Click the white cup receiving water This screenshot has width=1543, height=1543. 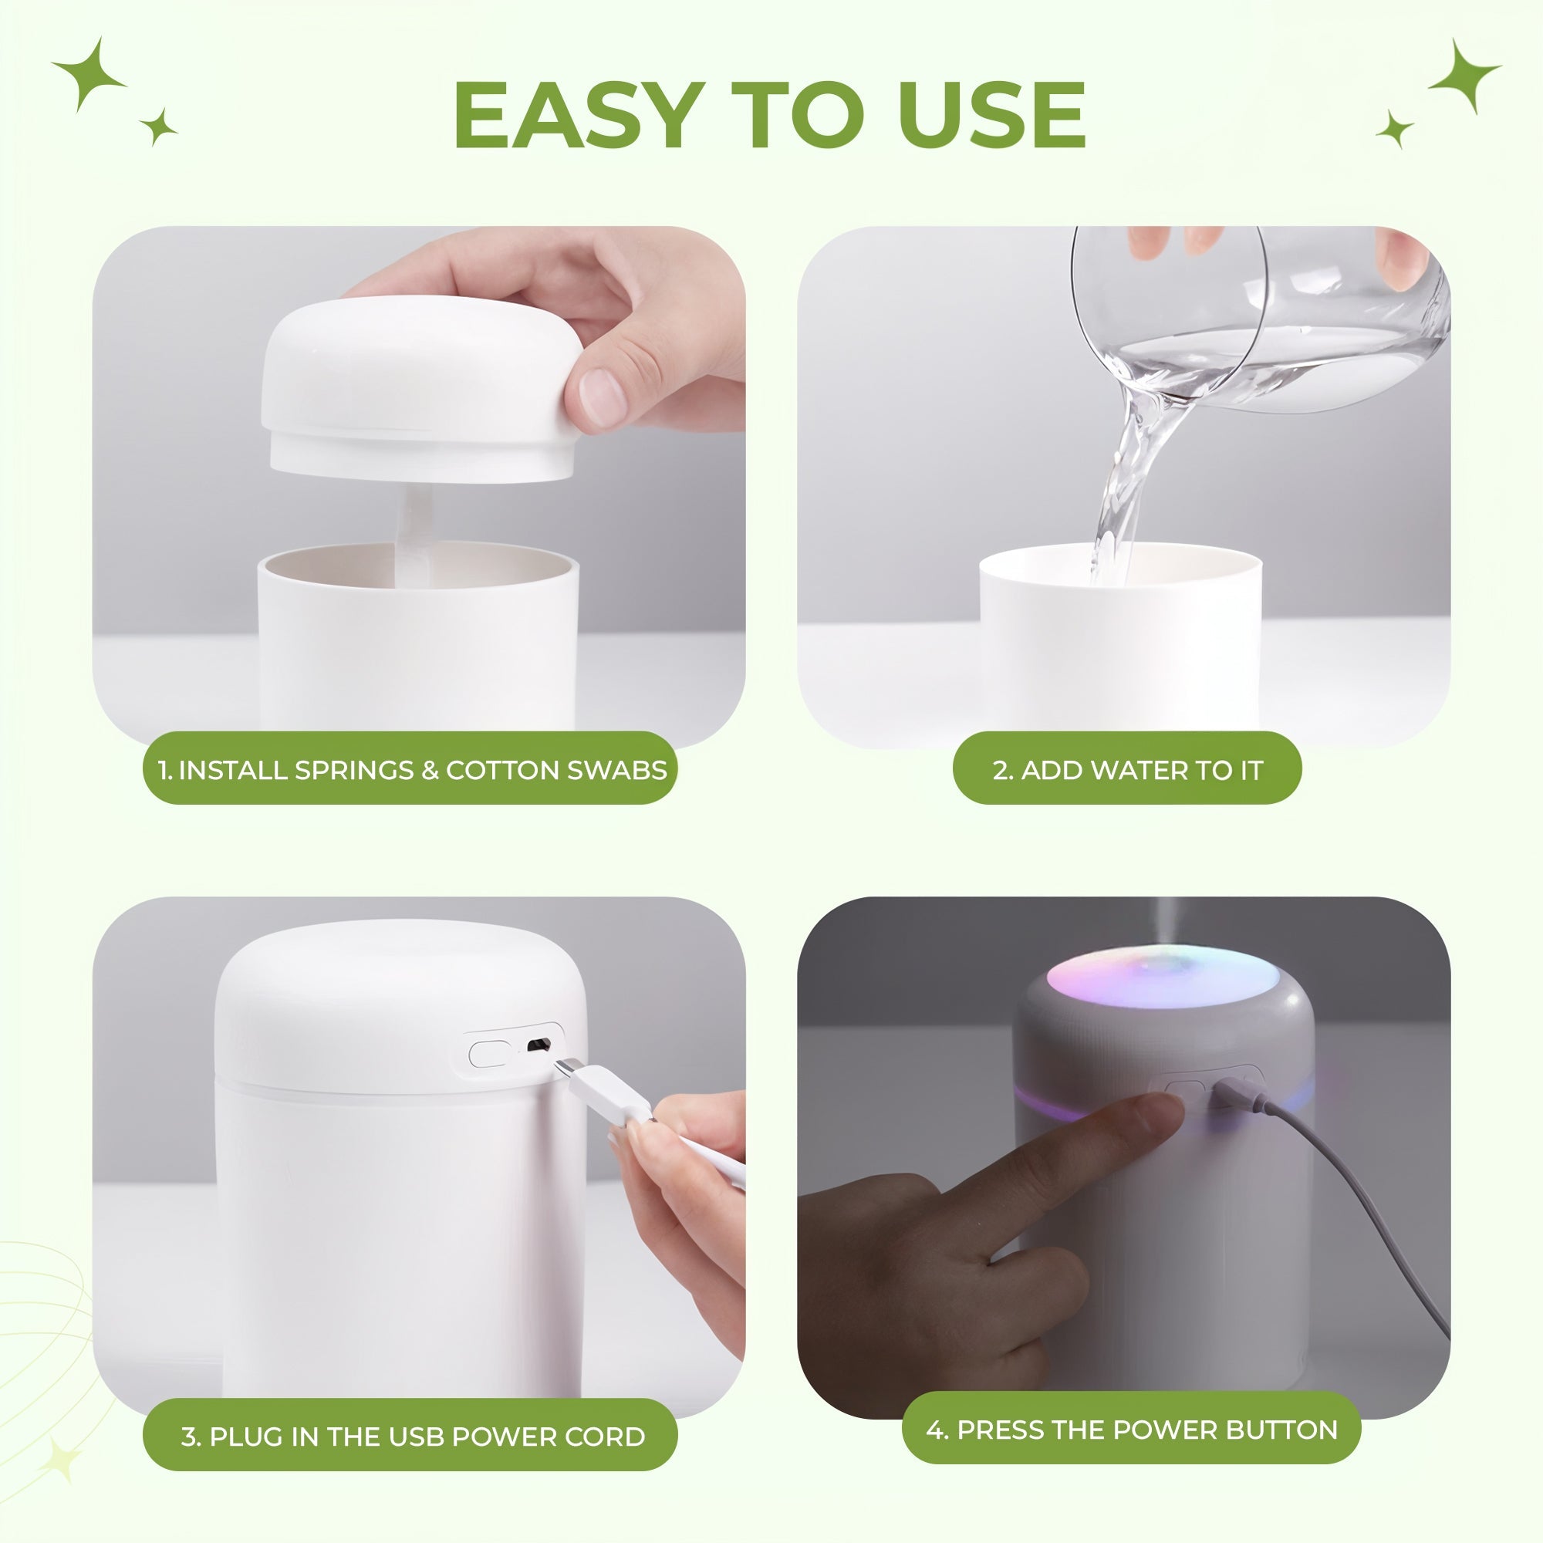[x=1118, y=639]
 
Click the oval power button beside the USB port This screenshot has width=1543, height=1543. [x=490, y=1052]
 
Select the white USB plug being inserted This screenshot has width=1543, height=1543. [x=603, y=1090]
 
